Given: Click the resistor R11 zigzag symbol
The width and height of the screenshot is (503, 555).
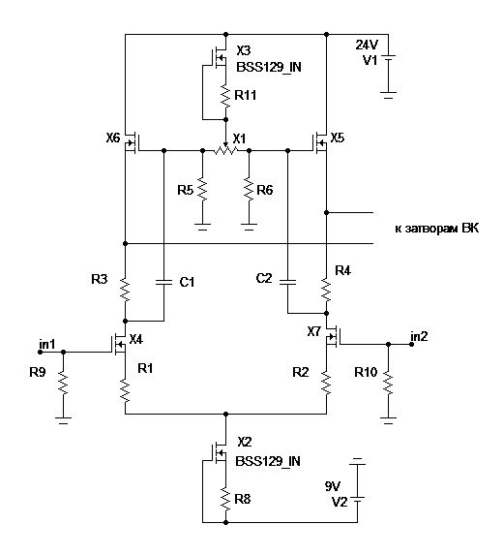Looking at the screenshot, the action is point(226,95).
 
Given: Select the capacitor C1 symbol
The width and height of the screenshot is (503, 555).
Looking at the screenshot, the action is point(163,282).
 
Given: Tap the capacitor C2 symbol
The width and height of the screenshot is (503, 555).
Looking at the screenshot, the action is point(287,282).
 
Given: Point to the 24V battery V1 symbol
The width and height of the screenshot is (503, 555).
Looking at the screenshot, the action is point(388,62).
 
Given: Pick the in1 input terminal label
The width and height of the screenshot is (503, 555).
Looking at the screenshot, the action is point(47,344).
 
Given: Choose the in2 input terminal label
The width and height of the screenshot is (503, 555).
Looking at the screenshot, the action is point(419,336).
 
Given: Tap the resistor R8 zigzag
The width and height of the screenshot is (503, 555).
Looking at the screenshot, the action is point(226,499).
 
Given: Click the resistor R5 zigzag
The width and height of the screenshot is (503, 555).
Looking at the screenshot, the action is point(202,190).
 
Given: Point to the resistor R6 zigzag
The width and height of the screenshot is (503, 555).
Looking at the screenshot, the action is point(249,190).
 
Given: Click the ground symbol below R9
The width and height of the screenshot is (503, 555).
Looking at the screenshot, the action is point(63,419).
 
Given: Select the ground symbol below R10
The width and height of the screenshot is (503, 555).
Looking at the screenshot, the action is point(388,419).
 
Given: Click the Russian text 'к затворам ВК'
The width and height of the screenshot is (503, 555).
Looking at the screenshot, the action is point(437,229).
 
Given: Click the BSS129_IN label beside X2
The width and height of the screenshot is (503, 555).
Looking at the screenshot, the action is point(268,461).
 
